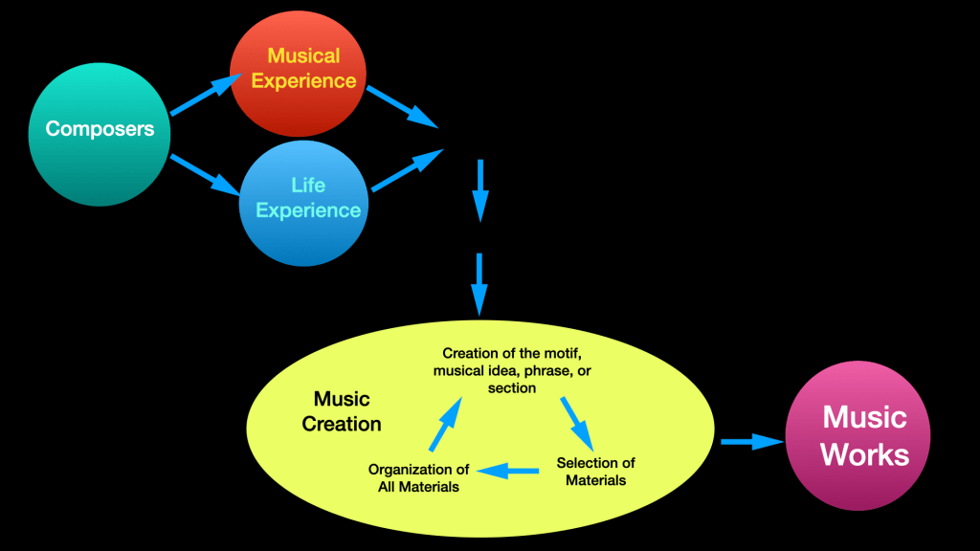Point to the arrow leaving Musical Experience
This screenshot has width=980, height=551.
pos(401,106)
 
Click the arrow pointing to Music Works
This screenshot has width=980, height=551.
pos(751,441)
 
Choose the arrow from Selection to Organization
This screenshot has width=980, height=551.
pos(507,470)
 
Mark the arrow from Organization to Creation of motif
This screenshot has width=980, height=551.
pos(445,424)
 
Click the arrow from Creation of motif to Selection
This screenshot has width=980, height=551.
pos(577,421)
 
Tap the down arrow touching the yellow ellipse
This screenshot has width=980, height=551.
pos(480,284)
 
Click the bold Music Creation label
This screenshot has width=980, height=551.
pos(342,411)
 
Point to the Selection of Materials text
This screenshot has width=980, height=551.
pos(595,471)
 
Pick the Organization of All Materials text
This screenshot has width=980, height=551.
pos(418,477)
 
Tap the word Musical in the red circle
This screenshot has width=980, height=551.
pos(303,55)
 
